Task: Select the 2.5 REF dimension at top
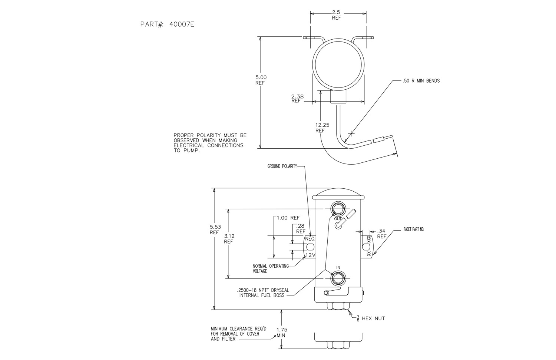tap(336, 15)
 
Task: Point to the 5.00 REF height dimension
tap(261, 80)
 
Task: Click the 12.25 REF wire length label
tap(320, 128)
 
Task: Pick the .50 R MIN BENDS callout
tap(421, 81)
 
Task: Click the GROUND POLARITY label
tap(282, 166)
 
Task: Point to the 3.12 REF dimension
tap(229, 238)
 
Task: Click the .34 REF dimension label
tap(381, 234)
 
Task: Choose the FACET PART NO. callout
tap(414, 229)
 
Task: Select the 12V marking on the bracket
tap(310, 255)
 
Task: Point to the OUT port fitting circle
tap(338, 208)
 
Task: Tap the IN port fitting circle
tap(338, 278)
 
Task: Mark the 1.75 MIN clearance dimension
tap(282, 332)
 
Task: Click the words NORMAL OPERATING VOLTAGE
tap(271, 268)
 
